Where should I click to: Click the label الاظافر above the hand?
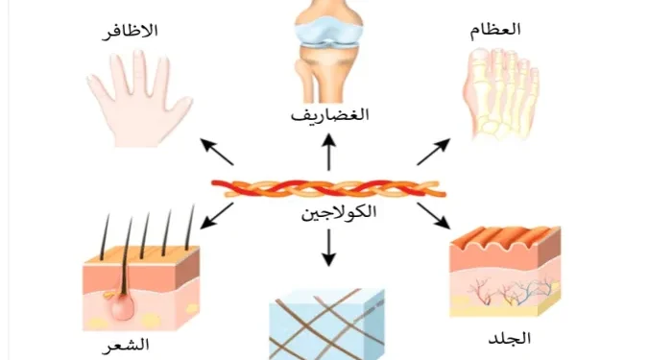130,32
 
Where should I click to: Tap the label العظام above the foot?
495,31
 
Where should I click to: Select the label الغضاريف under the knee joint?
329,115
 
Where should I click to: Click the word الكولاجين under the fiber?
339,212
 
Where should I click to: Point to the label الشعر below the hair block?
126,345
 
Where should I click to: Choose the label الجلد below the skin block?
509,339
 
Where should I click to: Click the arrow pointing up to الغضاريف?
329,152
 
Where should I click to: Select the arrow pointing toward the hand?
217,152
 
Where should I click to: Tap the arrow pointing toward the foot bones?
433,152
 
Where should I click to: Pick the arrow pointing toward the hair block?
217,216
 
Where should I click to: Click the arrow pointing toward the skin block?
434,216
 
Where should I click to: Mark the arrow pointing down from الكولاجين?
328,248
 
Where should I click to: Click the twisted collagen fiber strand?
329,188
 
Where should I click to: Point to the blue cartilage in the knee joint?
329,34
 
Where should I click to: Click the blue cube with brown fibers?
326,324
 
